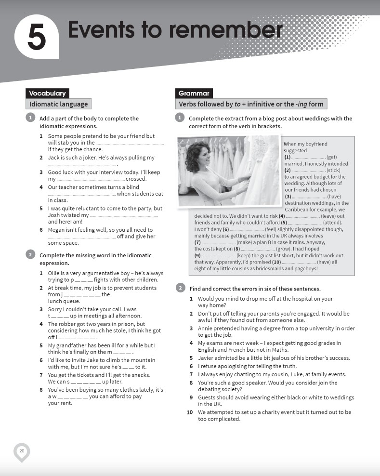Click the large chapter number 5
pos(37,38)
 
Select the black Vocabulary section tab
pos(47,93)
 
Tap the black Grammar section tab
pos(194,93)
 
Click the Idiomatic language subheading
pos(58,104)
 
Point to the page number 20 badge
pos(22,450)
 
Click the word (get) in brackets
pos(331,157)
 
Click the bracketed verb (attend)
pos(332,223)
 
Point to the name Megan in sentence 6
pos(57,230)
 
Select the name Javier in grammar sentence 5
pos(207,358)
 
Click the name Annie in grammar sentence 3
pos(206,329)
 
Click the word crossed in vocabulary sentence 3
pos(136,179)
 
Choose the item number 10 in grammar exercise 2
pos(189,412)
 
